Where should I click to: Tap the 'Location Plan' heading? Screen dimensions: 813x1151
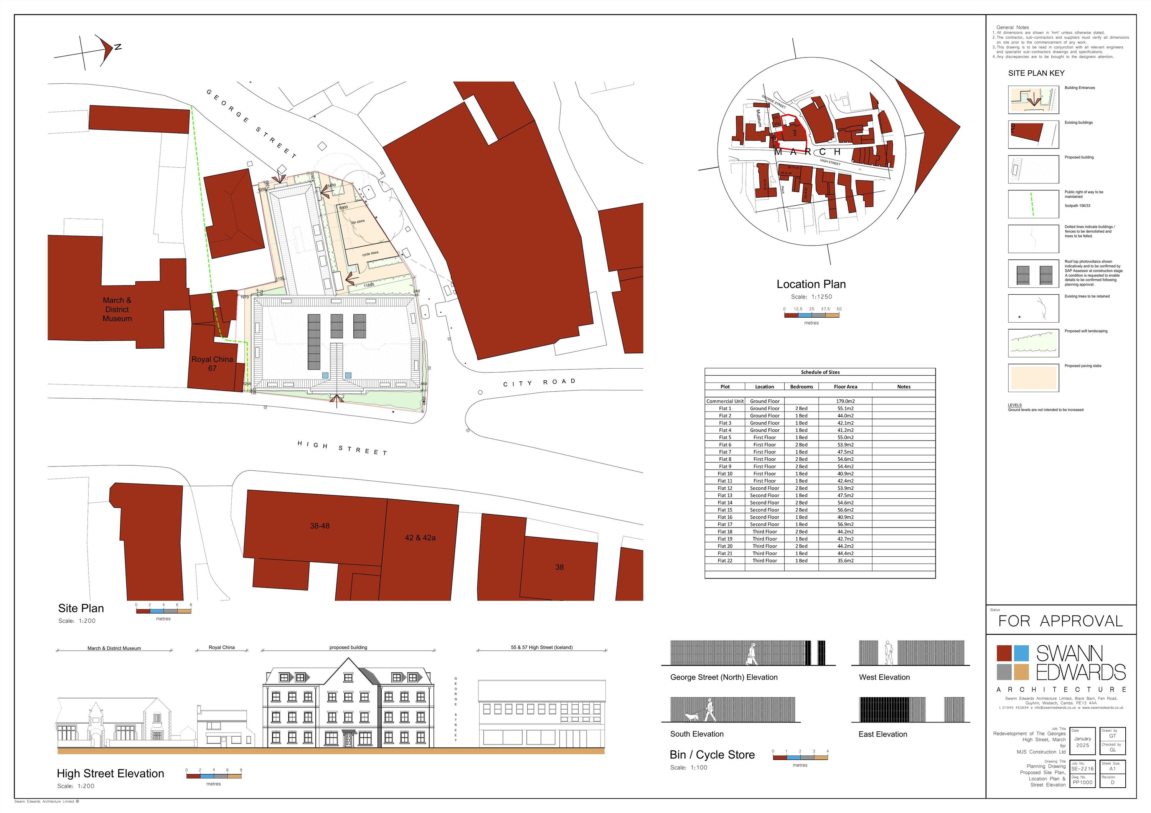[811, 284]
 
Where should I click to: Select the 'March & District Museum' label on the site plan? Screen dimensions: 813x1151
[117, 309]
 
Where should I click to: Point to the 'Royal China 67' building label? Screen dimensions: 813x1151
[212, 363]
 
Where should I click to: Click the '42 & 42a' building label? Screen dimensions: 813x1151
[420, 538]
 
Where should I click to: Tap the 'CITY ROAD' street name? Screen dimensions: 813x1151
[539, 383]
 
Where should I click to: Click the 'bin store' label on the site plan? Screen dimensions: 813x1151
[358, 221]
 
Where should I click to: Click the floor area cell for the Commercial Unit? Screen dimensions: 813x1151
[845, 401]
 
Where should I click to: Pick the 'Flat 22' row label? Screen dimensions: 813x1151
[725, 561]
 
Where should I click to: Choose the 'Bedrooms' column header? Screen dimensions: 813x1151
[801, 386]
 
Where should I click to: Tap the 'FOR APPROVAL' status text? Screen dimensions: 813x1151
[1060, 622]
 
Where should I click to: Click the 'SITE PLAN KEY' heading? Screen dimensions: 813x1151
[1036, 73]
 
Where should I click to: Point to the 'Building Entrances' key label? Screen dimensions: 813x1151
[1080, 88]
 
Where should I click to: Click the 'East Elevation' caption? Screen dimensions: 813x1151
[882, 734]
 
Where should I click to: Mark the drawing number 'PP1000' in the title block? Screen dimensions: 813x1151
[1082, 782]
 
